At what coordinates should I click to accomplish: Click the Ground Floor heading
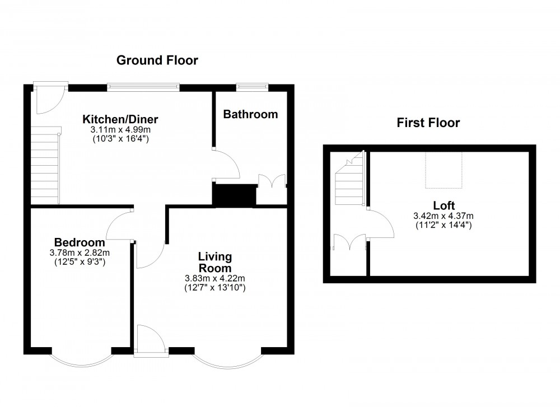(157, 60)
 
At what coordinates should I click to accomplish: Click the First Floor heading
(428, 123)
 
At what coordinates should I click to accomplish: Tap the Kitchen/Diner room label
(120, 119)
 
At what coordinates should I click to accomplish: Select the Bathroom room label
(250, 114)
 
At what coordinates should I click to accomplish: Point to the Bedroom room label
(80, 242)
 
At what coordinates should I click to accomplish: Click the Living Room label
(216, 262)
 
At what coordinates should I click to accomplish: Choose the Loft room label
(444, 205)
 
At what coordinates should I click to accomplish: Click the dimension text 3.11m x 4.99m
(120, 129)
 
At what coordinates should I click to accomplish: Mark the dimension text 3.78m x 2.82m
(80, 252)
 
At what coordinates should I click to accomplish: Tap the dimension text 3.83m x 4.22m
(216, 278)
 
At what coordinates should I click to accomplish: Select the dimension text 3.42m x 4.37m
(444, 216)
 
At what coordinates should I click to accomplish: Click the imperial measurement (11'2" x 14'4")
(444, 225)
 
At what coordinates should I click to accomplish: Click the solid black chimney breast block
(234, 194)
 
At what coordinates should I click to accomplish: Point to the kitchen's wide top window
(144, 86)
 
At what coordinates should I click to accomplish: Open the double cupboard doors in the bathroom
(272, 181)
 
